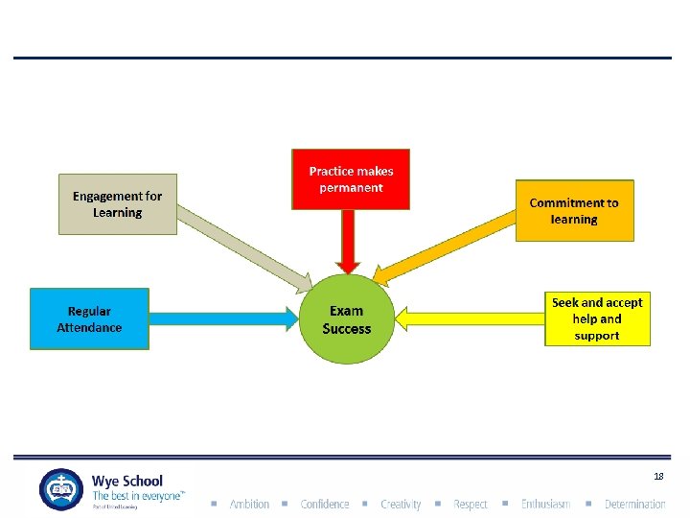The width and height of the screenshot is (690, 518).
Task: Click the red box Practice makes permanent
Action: point(351,178)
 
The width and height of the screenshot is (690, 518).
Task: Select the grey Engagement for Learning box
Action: point(118,203)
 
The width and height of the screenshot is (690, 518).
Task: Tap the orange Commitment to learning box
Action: point(574,210)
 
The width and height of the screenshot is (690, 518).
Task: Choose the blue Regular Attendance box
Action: point(89,318)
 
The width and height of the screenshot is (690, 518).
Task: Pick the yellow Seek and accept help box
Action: point(597,318)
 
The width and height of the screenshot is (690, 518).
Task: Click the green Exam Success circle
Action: point(346,319)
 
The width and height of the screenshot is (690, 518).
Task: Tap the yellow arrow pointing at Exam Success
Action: point(470,318)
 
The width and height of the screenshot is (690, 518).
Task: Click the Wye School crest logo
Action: point(61,489)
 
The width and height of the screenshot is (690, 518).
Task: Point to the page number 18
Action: point(658,476)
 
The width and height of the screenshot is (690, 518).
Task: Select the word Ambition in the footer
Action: point(249,504)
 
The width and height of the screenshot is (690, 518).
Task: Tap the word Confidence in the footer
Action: point(325,504)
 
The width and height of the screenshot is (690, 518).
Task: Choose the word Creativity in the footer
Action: point(401,504)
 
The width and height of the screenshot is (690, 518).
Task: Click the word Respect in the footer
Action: point(471,504)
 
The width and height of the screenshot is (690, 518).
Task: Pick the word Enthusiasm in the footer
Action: point(545,504)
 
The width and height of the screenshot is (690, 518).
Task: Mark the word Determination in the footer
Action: point(634,504)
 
